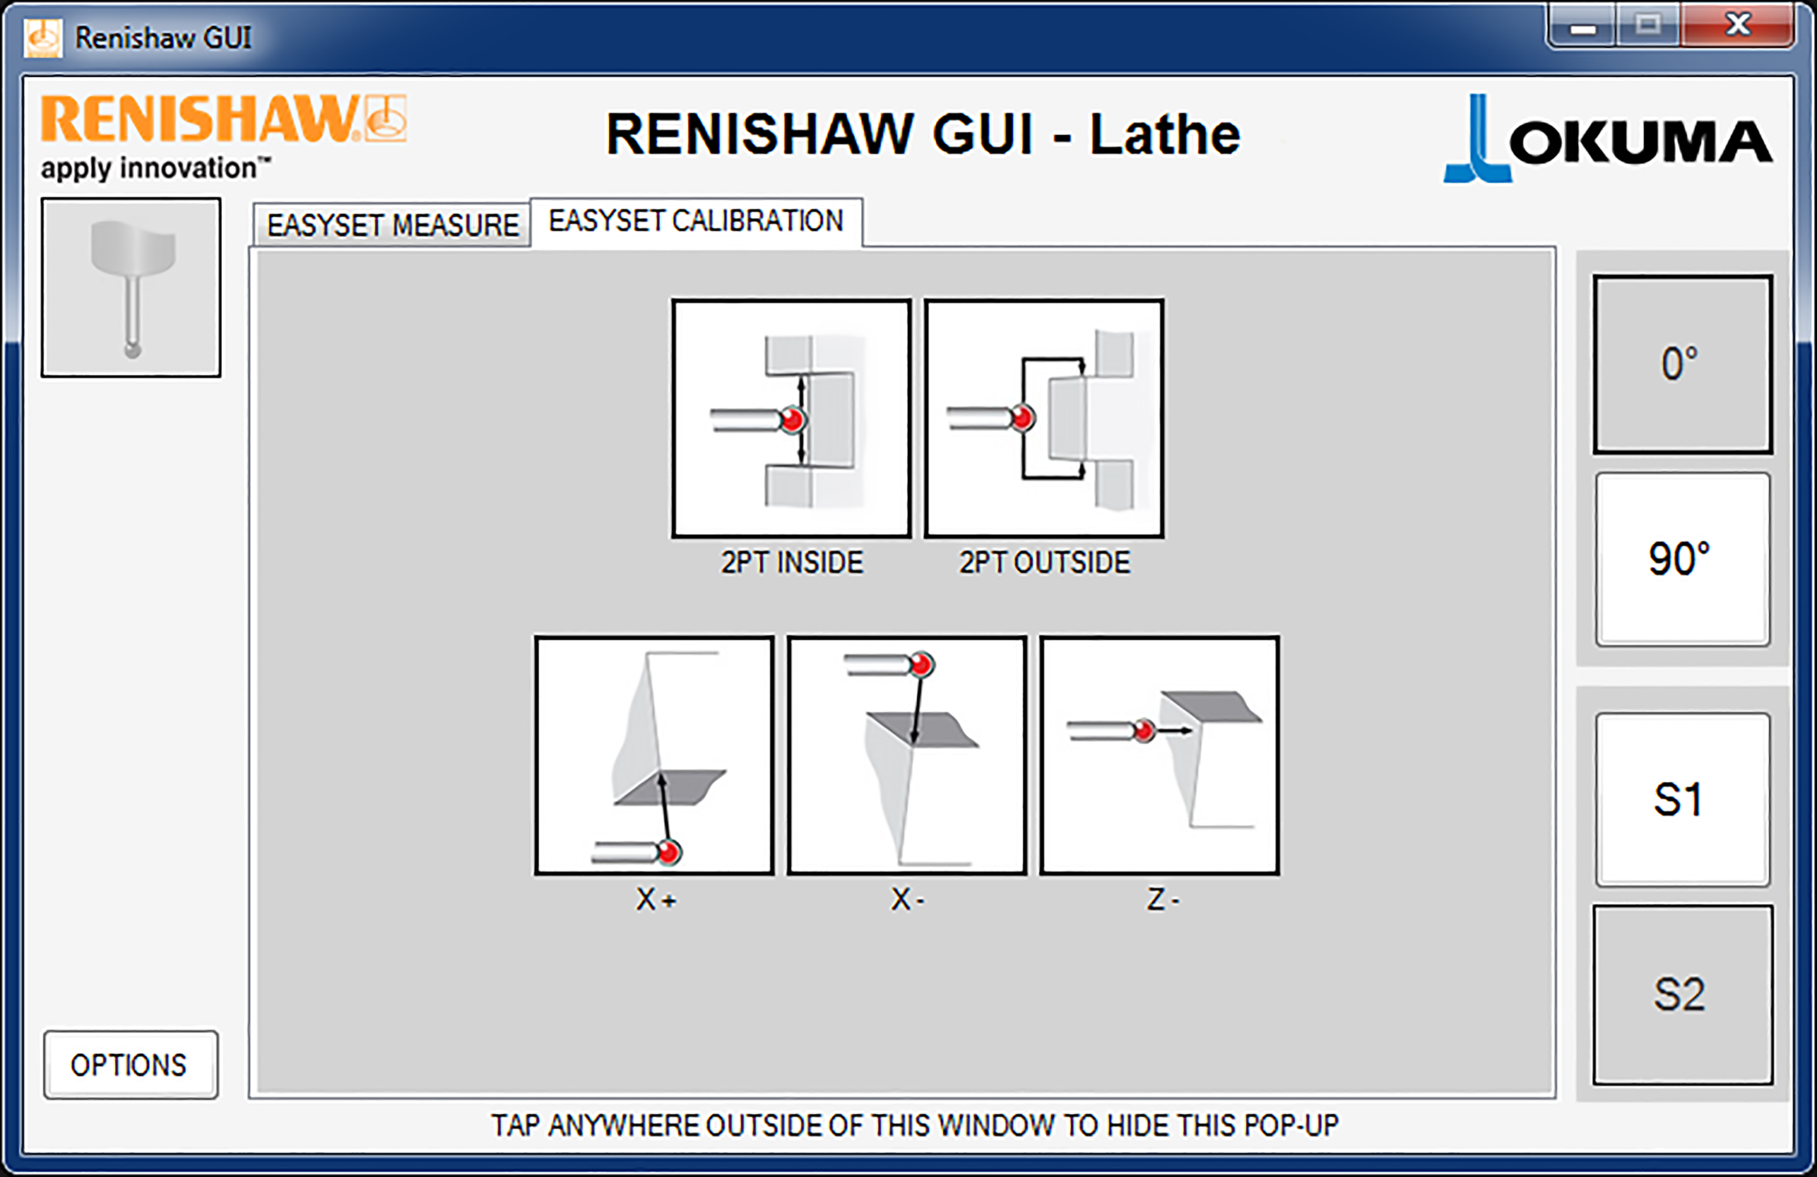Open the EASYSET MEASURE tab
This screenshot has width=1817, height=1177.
tap(392, 225)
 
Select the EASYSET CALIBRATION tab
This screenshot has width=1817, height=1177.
tap(697, 221)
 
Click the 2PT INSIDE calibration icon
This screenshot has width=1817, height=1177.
tap(792, 418)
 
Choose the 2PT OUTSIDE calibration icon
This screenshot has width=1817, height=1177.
tap(1044, 418)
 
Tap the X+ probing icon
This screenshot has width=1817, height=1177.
tap(654, 755)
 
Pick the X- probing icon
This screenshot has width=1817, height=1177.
tap(907, 755)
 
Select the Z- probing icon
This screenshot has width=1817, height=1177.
tap(1160, 755)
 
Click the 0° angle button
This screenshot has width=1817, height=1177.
tap(1682, 364)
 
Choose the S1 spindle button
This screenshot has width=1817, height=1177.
tap(1682, 800)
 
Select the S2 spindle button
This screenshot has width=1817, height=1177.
tap(1682, 995)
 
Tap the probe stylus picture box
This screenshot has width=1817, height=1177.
tap(131, 287)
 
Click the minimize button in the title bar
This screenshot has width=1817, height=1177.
tap(1583, 26)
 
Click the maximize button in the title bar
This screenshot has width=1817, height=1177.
tap(1648, 26)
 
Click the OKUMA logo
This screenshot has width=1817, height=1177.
tap(1608, 139)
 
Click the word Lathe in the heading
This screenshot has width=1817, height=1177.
tap(1164, 135)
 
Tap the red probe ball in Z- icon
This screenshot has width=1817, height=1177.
tap(1144, 731)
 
